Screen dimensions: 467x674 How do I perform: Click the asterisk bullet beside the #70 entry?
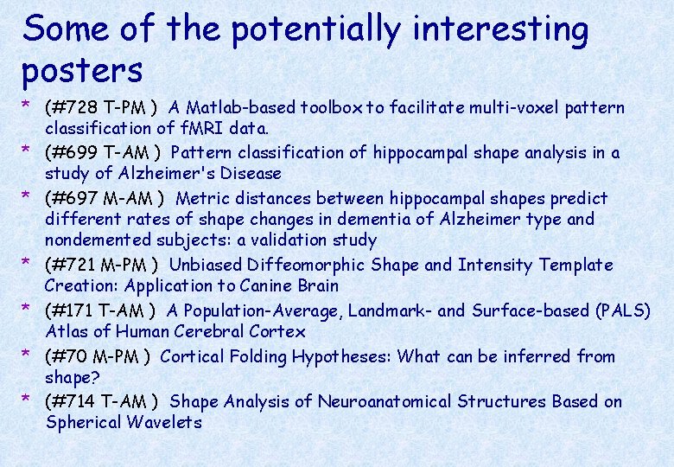coord(28,355)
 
